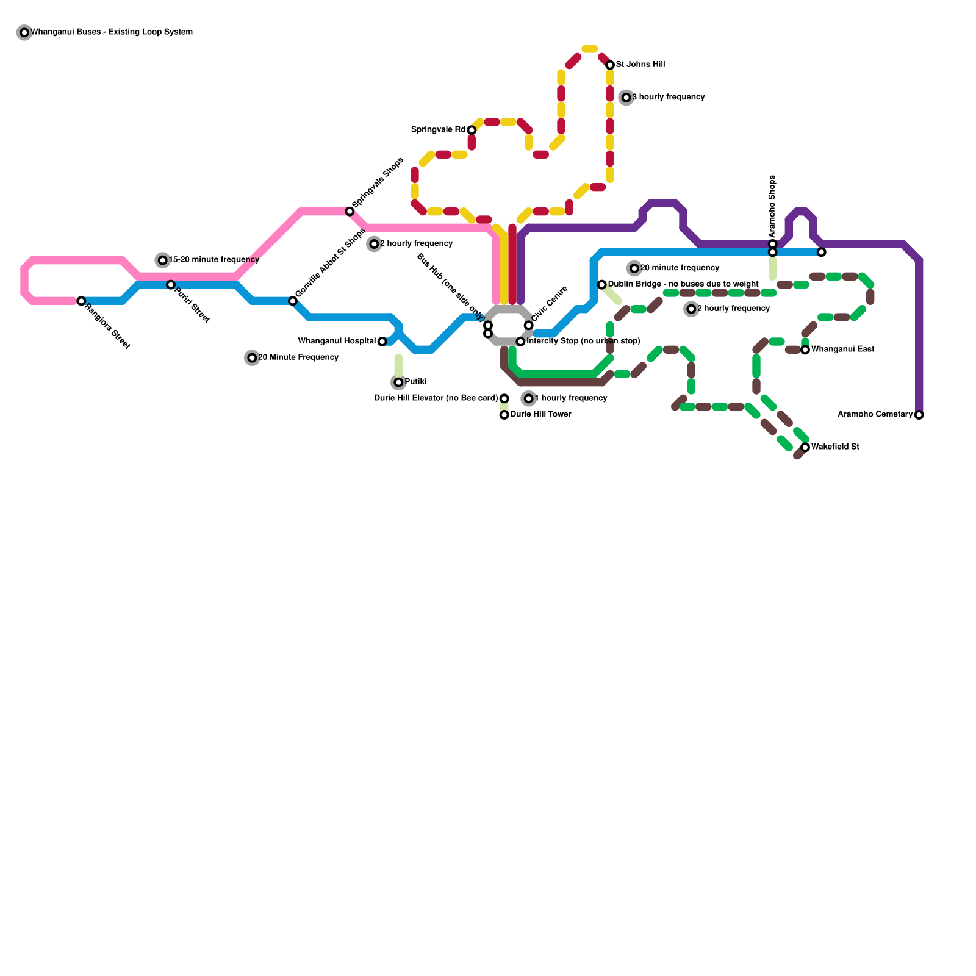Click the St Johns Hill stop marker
point(609,65)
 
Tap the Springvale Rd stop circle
point(472,131)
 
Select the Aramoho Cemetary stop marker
point(919,415)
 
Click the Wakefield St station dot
point(805,448)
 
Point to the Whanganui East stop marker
point(805,350)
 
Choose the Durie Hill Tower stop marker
point(504,415)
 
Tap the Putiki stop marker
point(398,382)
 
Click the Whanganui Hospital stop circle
point(382,342)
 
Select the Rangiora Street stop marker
point(81,301)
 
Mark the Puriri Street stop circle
point(171,285)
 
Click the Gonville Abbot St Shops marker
point(293,301)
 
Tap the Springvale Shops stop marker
point(350,212)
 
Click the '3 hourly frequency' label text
point(668,98)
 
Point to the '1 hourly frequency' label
point(570,398)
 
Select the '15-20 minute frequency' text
point(213,260)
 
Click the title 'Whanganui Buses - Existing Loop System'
point(112,32)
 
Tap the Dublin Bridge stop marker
point(602,285)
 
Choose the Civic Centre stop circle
point(528,326)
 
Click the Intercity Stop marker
point(520,342)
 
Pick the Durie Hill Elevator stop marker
point(504,399)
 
